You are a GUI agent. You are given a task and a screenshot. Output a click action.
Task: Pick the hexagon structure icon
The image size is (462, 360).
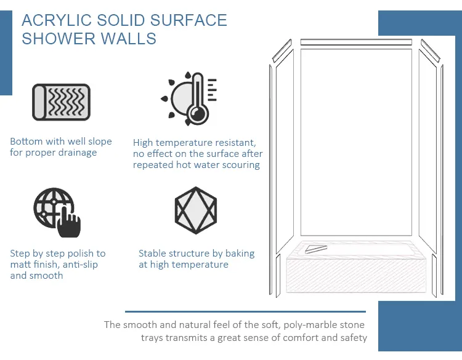point(195,209)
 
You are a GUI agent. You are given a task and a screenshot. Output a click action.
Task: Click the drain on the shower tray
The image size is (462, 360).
point(317,248)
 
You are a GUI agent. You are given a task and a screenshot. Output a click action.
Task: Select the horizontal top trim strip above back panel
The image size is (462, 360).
point(356,42)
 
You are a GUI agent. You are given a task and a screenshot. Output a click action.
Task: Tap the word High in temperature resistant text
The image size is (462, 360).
point(144,142)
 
